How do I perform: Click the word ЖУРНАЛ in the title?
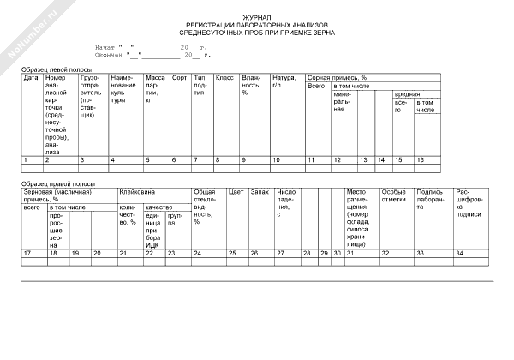point(256,16)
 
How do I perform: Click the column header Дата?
point(30,78)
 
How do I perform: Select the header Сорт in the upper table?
point(179,78)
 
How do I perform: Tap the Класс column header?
point(224,78)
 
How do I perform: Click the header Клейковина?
point(136,193)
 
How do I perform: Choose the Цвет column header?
point(236,193)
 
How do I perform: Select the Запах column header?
point(260,193)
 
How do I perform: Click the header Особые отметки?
point(394,197)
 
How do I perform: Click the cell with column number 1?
point(26,160)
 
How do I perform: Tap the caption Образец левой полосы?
point(57,68)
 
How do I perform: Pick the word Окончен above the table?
point(109,55)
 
